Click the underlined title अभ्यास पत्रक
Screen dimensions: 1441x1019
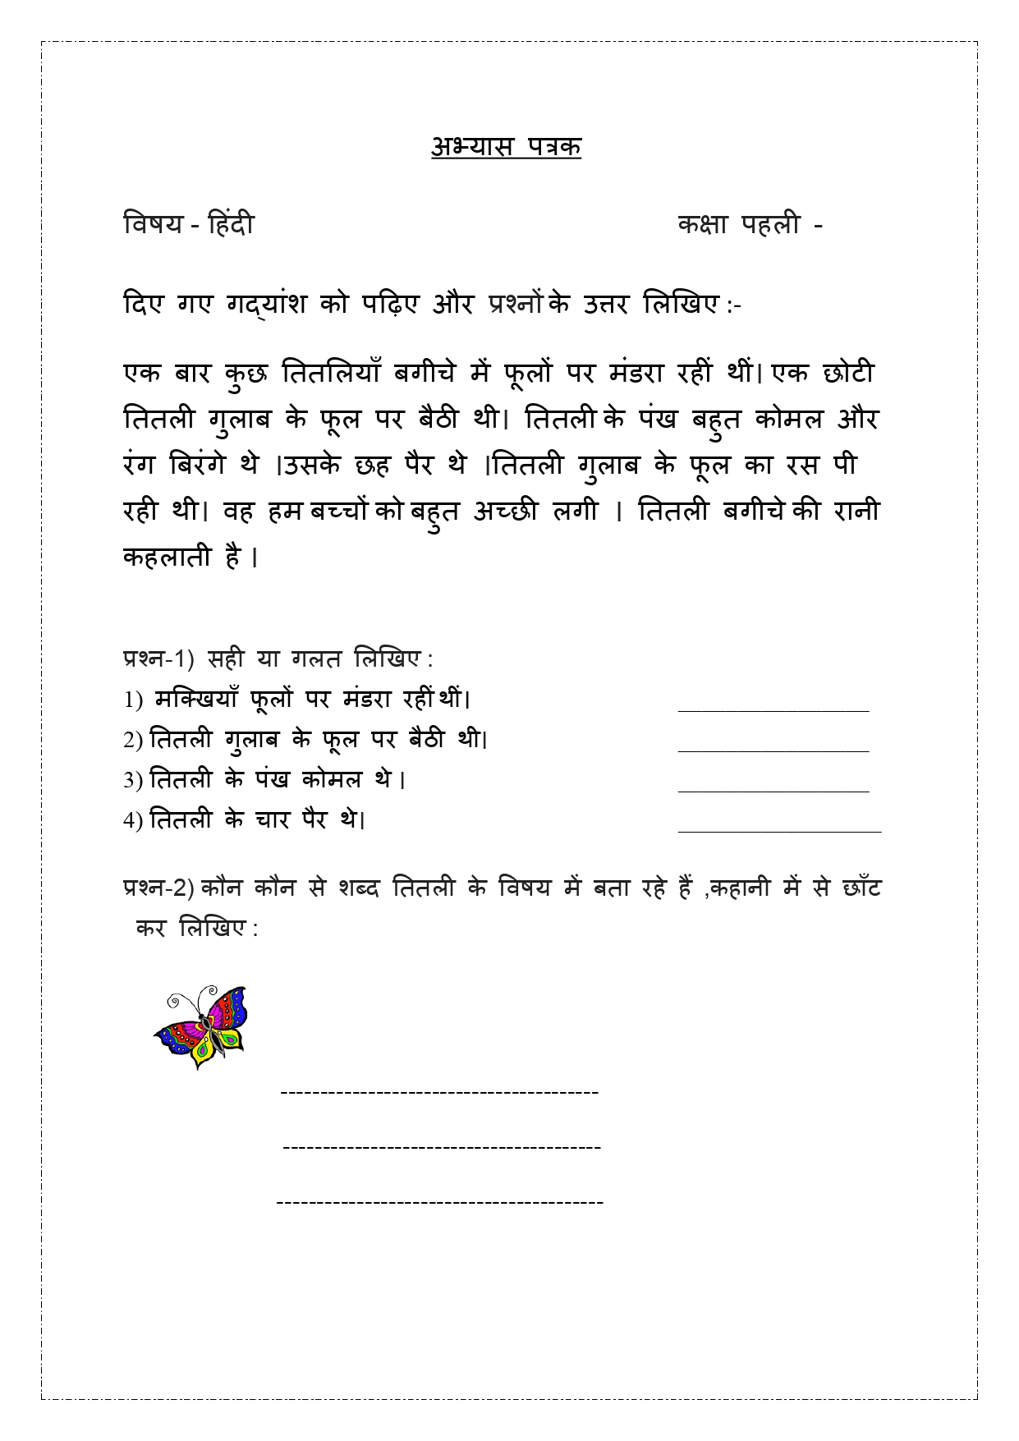pos(506,147)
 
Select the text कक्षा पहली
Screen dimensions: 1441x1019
pos(739,223)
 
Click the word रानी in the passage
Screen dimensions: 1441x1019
pos(856,511)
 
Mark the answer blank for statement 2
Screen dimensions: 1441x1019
pos(773,749)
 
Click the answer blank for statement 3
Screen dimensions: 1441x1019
pos(773,789)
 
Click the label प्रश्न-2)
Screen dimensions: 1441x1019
pos(158,888)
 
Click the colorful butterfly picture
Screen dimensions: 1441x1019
pos(201,1026)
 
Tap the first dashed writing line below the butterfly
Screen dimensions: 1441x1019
pos(439,1093)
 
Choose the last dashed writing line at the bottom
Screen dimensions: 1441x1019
pos(439,1203)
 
